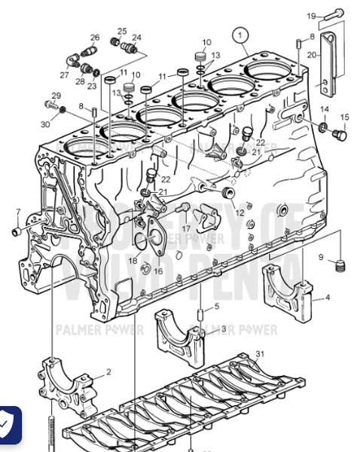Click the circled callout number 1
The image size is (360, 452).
(240, 35)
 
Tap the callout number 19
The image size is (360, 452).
(311, 16)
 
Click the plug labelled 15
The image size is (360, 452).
(338, 135)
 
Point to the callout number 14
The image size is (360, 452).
(325, 110)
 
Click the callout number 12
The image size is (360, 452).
(239, 213)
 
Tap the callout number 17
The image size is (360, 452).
(186, 228)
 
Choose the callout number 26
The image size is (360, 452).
(95, 37)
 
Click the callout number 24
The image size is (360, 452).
(136, 37)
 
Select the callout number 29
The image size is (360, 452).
(56, 96)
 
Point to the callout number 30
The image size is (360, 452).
(45, 124)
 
